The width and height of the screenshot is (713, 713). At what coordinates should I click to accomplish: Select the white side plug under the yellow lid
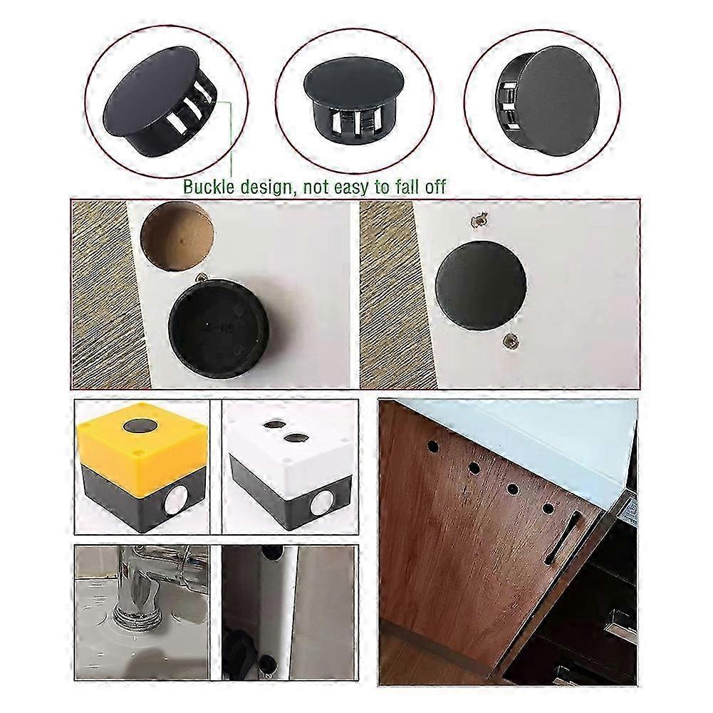pyautogui.click(x=172, y=504)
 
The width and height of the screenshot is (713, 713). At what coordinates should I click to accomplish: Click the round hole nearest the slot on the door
pyautogui.click(x=548, y=509)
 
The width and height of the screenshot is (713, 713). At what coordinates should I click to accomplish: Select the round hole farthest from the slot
pyautogui.click(x=432, y=448)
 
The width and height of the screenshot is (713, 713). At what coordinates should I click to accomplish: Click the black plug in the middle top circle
pyautogui.click(x=354, y=99)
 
